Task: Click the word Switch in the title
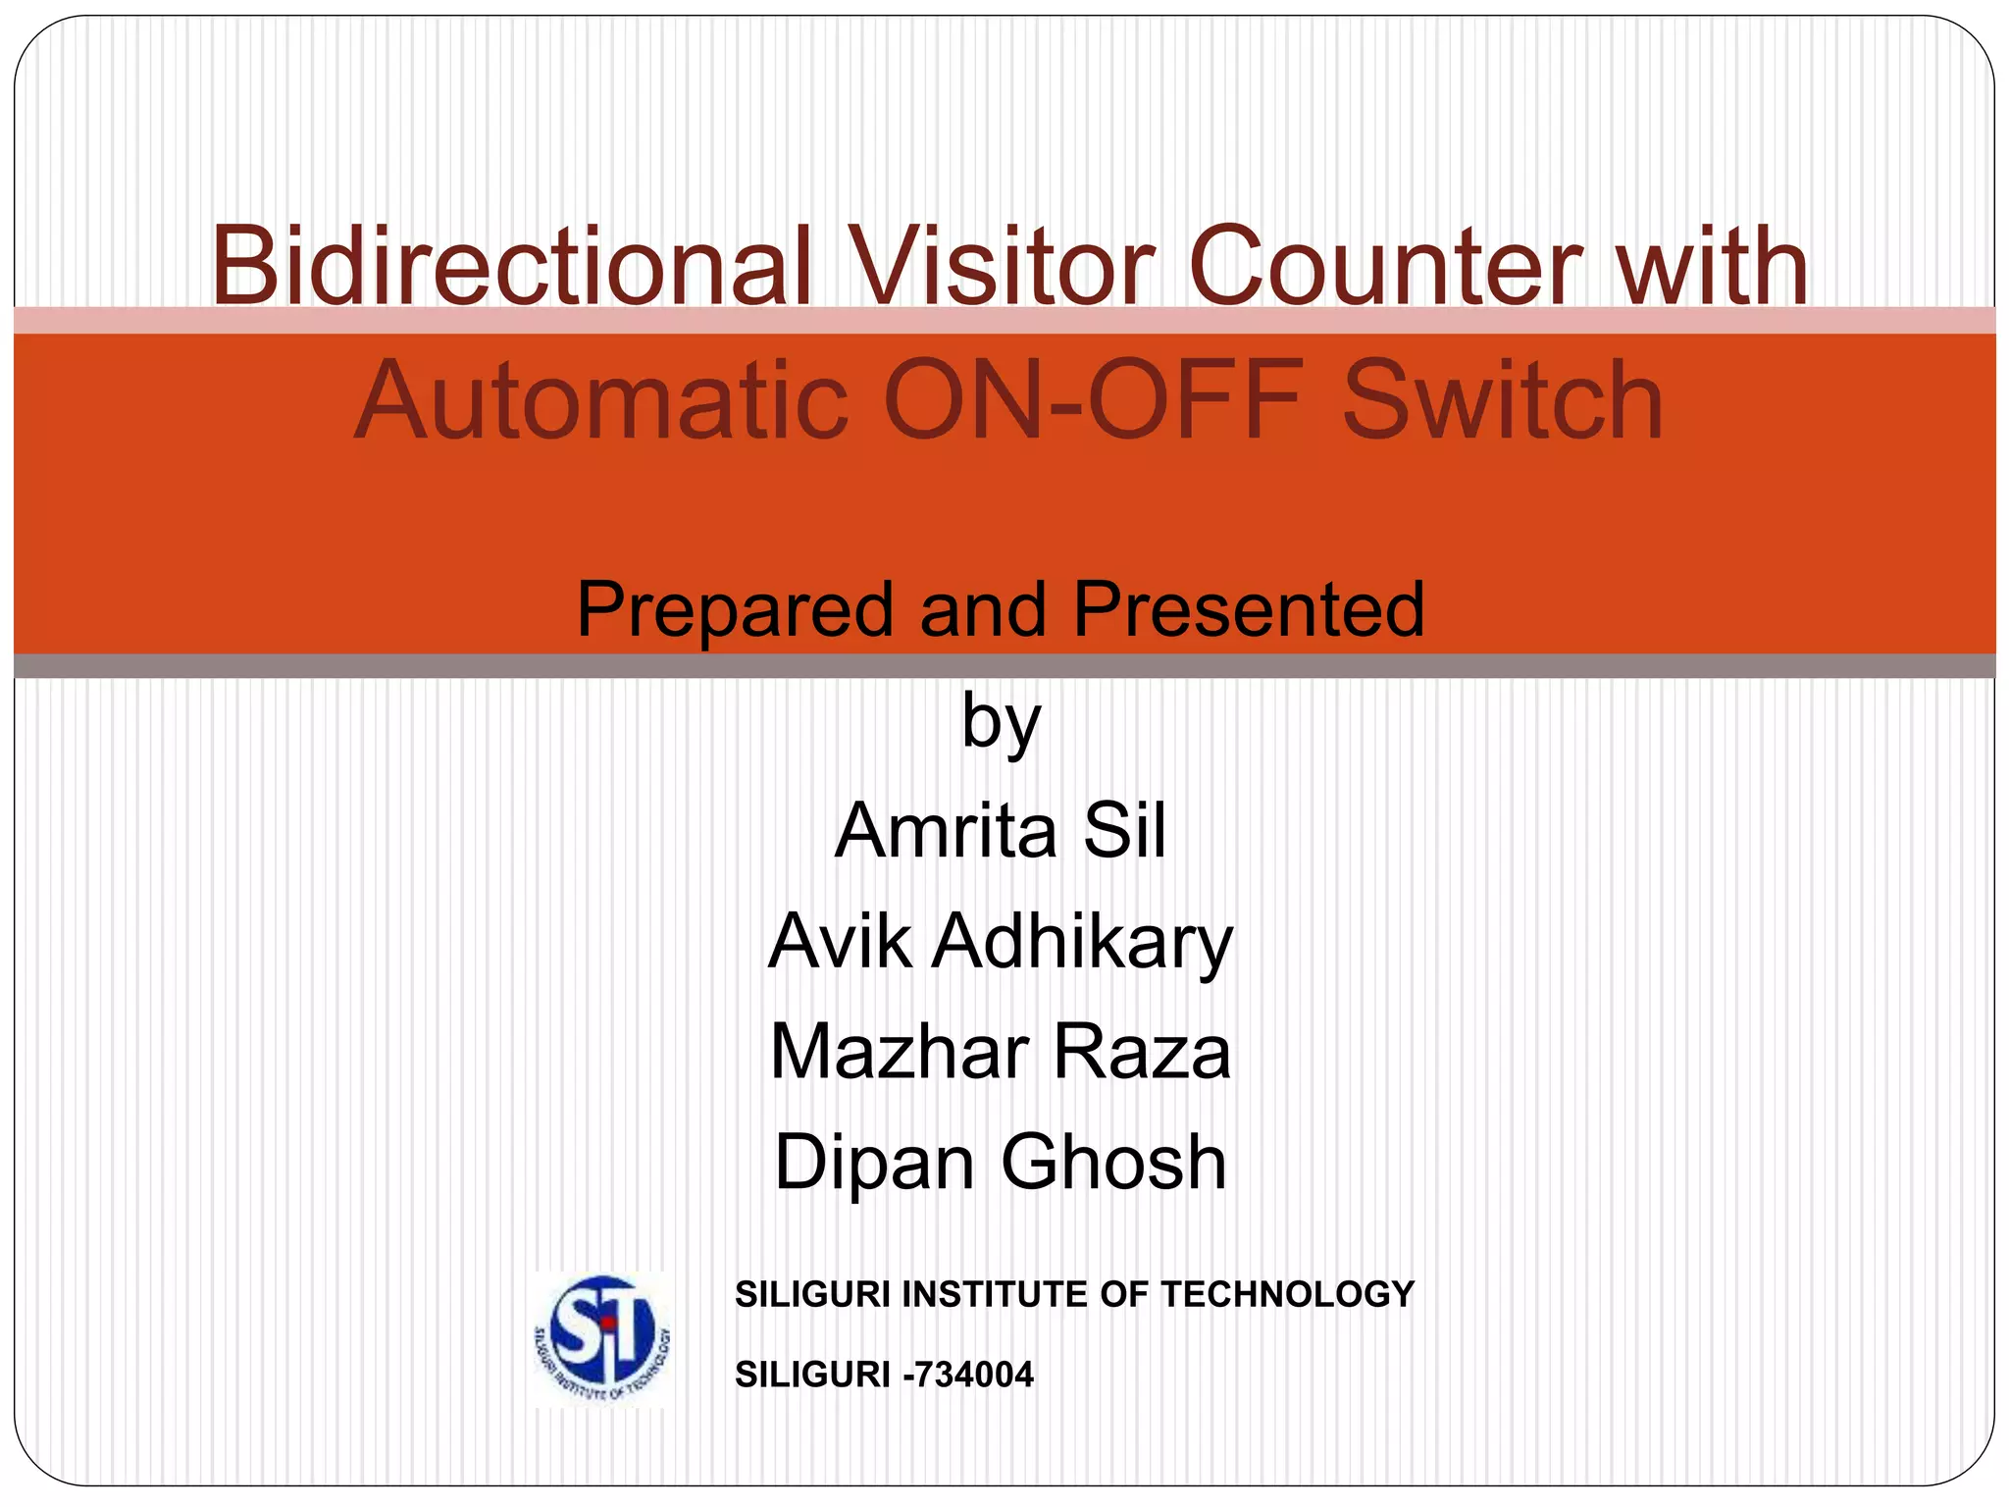tap(1502, 400)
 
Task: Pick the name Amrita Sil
tap(1001, 830)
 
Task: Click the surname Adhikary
tap(1082, 942)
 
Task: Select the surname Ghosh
tap(1113, 1162)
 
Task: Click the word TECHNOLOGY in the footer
tap(1287, 1295)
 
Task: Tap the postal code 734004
tap(972, 1375)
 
